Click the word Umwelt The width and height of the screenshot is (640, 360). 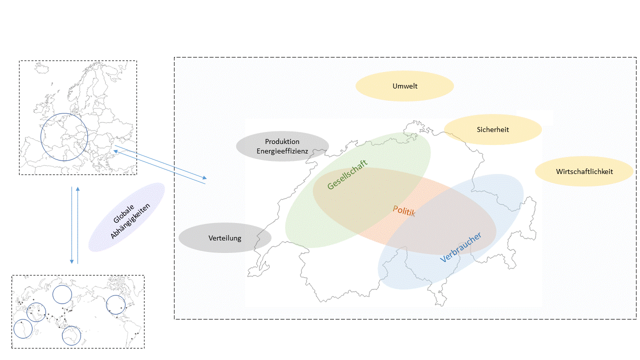(x=404, y=86)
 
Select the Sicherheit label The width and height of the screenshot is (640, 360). (x=492, y=129)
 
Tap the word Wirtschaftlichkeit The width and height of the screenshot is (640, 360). (x=584, y=171)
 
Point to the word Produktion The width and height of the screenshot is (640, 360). (x=282, y=142)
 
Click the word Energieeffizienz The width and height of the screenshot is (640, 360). (x=282, y=151)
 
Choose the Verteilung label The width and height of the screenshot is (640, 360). (x=224, y=238)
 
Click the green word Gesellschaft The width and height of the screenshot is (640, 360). (x=347, y=174)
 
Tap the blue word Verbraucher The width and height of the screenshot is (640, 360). (x=461, y=247)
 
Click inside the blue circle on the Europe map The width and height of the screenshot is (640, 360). (x=64, y=136)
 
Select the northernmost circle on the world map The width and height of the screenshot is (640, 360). (x=62, y=294)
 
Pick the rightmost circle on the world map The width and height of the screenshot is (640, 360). (x=116, y=304)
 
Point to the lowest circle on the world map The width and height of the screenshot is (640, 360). (x=71, y=335)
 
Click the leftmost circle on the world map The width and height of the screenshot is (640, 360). (x=22, y=329)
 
